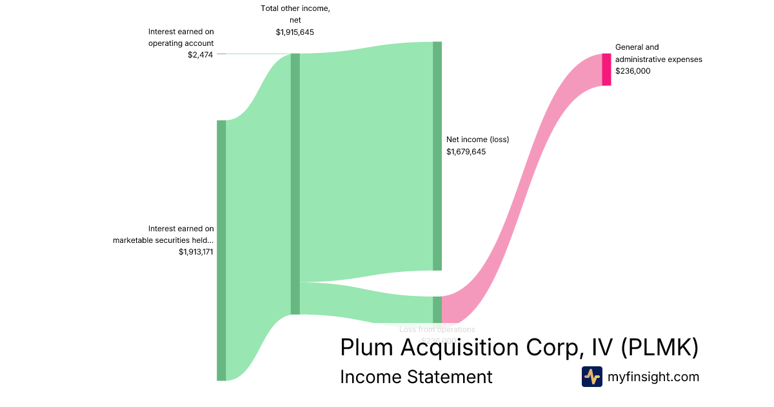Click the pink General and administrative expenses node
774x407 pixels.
pyautogui.click(x=606, y=70)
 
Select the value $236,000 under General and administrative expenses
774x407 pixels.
pyautogui.click(x=633, y=71)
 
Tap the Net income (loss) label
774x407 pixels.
pyautogui.click(x=478, y=139)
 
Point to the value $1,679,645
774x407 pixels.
pyautogui.click(x=466, y=152)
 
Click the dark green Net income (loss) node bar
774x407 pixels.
pyautogui.click(x=437, y=156)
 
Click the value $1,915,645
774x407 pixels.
pyautogui.click(x=295, y=32)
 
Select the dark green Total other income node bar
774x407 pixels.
pyautogui.click(x=295, y=183)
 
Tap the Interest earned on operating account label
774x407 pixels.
pyautogui.click(x=181, y=37)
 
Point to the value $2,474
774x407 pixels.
pyautogui.click(x=201, y=54)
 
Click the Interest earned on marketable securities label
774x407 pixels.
pyautogui.click(x=164, y=234)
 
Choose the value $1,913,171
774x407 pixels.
pyautogui.click(x=196, y=252)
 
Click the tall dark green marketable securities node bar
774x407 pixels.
pyautogui.click(x=221, y=250)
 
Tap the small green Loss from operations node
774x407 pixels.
pyautogui.click(x=437, y=309)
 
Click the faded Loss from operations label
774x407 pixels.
pyautogui.click(x=437, y=329)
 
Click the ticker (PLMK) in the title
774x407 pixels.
pyautogui.click(x=660, y=348)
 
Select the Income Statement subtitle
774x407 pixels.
pyautogui.click(x=416, y=377)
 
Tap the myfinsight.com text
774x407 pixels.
pyautogui.click(x=653, y=377)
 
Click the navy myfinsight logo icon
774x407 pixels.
pyautogui.click(x=591, y=377)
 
